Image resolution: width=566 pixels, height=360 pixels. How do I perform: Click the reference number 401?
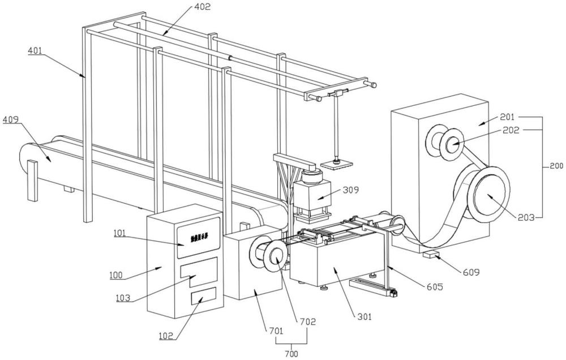pyautogui.click(x=35, y=50)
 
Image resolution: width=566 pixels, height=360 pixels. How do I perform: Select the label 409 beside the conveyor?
pyautogui.click(x=11, y=120)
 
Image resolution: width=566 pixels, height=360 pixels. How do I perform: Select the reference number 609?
pyautogui.click(x=471, y=272)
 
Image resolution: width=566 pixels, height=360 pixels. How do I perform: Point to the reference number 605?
pyautogui.click(x=434, y=286)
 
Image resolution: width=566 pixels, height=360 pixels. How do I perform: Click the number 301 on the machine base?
pyautogui.click(x=362, y=317)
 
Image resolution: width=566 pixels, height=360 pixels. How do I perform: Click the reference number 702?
pyautogui.click(x=307, y=322)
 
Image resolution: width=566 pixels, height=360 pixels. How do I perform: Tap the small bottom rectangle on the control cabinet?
pyautogui.click(x=203, y=296)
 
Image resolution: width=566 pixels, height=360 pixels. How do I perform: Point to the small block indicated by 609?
pyautogui.click(x=432, y=254)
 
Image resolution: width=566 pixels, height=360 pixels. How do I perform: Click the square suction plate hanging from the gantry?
pyautogui.click(x=337, y=164)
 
